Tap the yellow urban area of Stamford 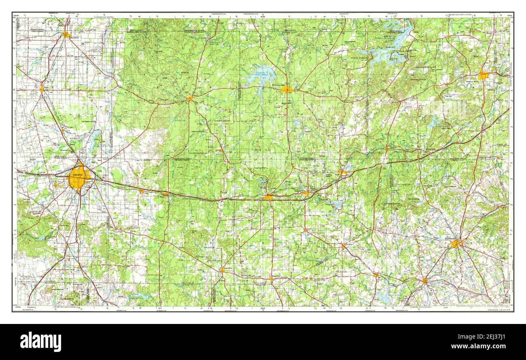pos(66,35)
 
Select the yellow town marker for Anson pos(42,88)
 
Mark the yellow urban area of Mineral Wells pos(483,75)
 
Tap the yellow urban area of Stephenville pos(456,243)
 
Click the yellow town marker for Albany pos(190,98)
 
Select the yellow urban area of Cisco pos(268,197)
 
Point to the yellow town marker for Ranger pos(342,173)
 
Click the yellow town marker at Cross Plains pos(222,270)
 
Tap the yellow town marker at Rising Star pos(271,278)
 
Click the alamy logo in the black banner pos(40,341)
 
